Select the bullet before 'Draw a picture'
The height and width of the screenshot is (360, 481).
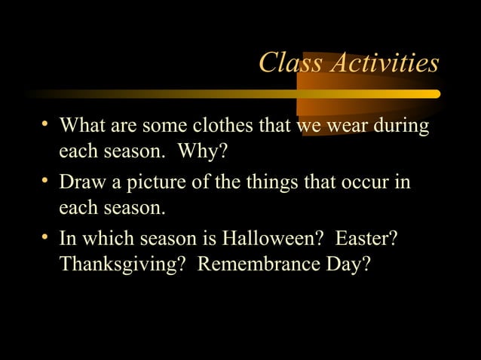click(47, 182)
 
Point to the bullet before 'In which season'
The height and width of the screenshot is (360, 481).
click(47, 239)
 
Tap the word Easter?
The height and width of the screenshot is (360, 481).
click(367, 239)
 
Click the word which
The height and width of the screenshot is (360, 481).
click(109, 239)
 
